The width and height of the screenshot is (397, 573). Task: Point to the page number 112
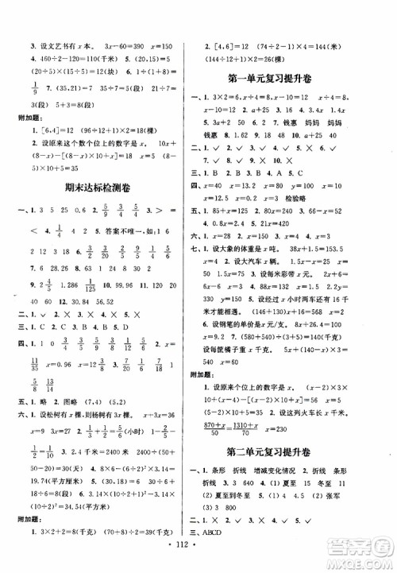[198, 554]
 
